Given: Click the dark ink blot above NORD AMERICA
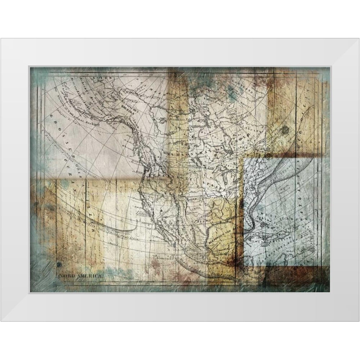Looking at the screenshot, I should pyautogui.click(x=59, y=266).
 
